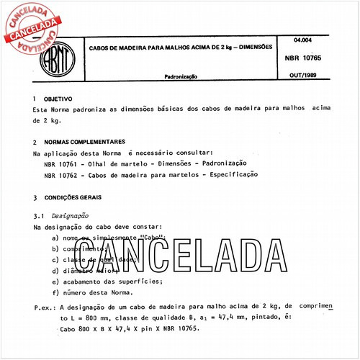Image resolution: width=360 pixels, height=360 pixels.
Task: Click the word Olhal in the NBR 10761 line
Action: coord(97,163)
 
